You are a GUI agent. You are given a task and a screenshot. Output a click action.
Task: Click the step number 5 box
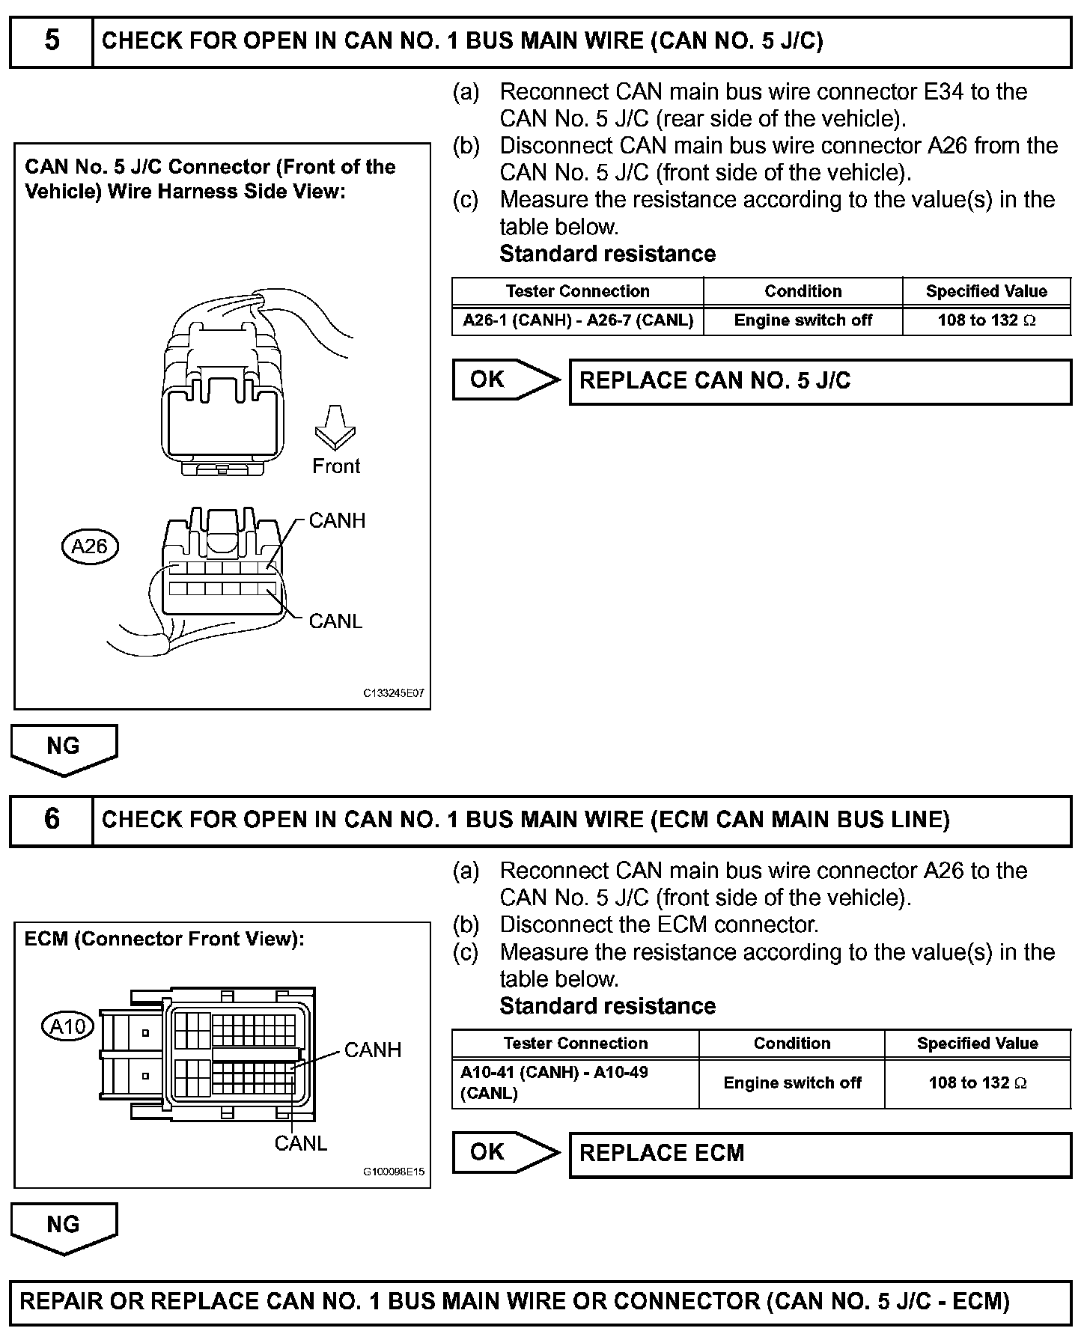tap(51, 41)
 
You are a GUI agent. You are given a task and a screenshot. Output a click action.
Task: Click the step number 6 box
tap(51, 820)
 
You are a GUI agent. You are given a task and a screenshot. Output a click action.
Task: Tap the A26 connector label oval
tap(90, 546)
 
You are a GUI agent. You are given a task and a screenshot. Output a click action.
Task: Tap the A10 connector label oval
tap(67, 1026)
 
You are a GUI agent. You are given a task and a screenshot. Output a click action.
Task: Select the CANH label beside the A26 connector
tap(337, 521)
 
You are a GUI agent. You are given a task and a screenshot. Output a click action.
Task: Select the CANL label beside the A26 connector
tap(335, 621)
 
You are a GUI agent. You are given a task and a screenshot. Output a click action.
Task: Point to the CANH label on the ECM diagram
tap(372, 1050)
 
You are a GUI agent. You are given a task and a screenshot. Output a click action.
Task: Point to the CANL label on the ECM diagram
tap(300, 1144)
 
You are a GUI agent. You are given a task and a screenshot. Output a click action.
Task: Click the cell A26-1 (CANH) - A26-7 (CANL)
tap(577, 320)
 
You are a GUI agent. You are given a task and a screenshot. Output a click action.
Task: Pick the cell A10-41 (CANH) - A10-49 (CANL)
tap(575, 1082)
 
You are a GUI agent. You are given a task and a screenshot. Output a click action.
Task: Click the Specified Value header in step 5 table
tap(986, 291)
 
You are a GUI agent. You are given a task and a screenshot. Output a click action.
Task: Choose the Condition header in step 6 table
tap(791, 1044)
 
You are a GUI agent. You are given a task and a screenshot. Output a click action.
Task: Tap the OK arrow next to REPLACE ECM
tap(505, 1152)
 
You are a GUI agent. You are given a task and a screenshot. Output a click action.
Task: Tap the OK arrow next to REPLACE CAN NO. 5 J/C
tap(505, 380)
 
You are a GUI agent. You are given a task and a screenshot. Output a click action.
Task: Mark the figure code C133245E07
tap(394, 693)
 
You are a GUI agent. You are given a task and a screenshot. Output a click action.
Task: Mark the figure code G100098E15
tap(394, 1172)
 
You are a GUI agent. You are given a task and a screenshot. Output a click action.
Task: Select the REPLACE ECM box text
tap(662, 1153)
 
